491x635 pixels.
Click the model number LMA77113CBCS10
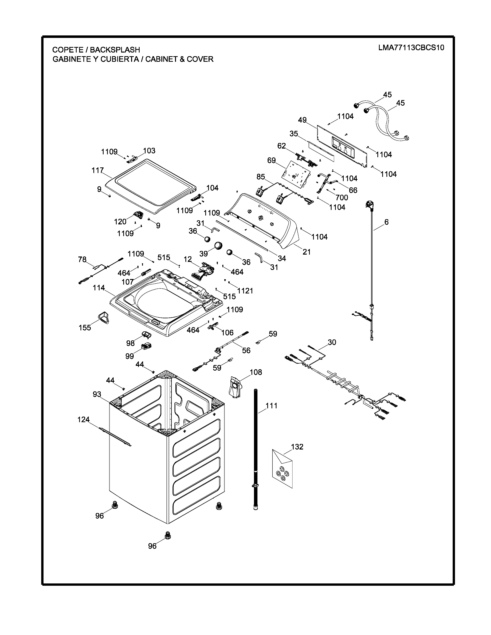(x=411, y=48)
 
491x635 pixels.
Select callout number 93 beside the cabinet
(x=97, y=394)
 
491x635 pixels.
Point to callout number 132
(x=297, y=447)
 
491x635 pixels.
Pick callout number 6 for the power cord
(x=386, y=222)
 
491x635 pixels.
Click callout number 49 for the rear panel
(x=302, y=120)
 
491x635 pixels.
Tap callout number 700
(x=342, y=198)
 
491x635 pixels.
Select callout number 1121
(x=245, y=291)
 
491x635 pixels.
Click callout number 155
(x=85, y=328)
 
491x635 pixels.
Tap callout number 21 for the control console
(x=307, y=252)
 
